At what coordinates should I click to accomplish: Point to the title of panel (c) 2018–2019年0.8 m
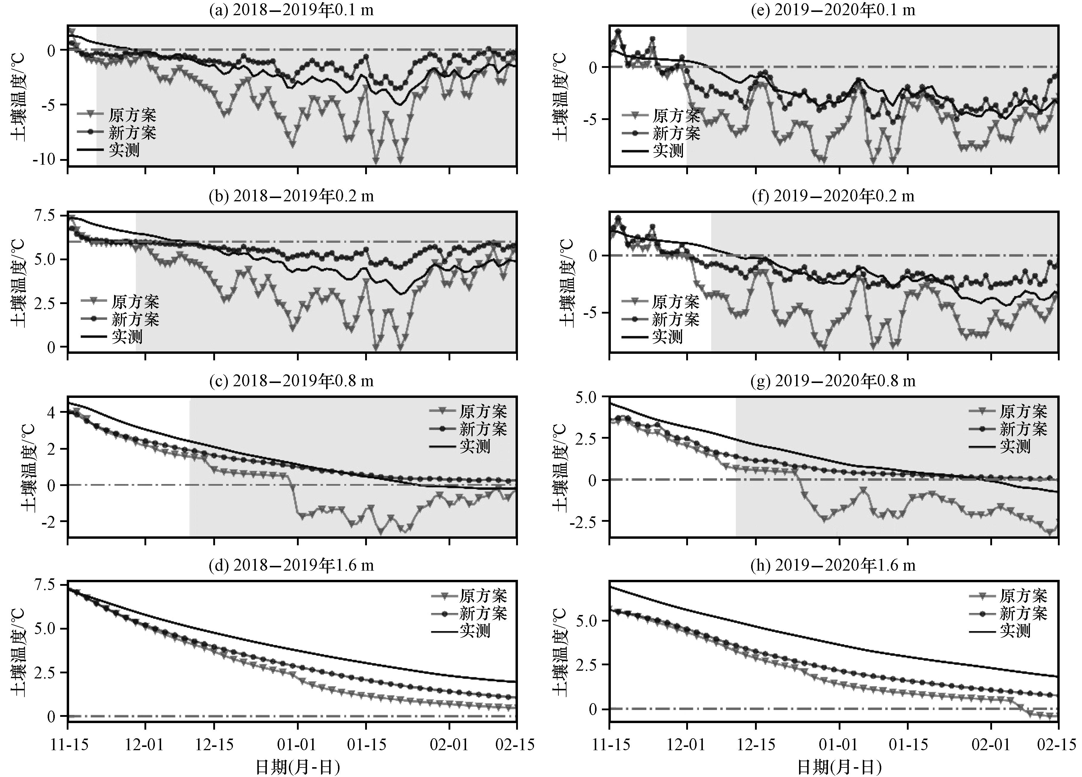[292, 381]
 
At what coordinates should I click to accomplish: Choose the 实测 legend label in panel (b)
[127, 337]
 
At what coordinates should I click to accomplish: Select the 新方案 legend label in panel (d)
[483, 613]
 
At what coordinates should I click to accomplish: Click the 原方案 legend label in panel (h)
[1023, 596]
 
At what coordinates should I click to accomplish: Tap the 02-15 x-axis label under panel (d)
[516, 745]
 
